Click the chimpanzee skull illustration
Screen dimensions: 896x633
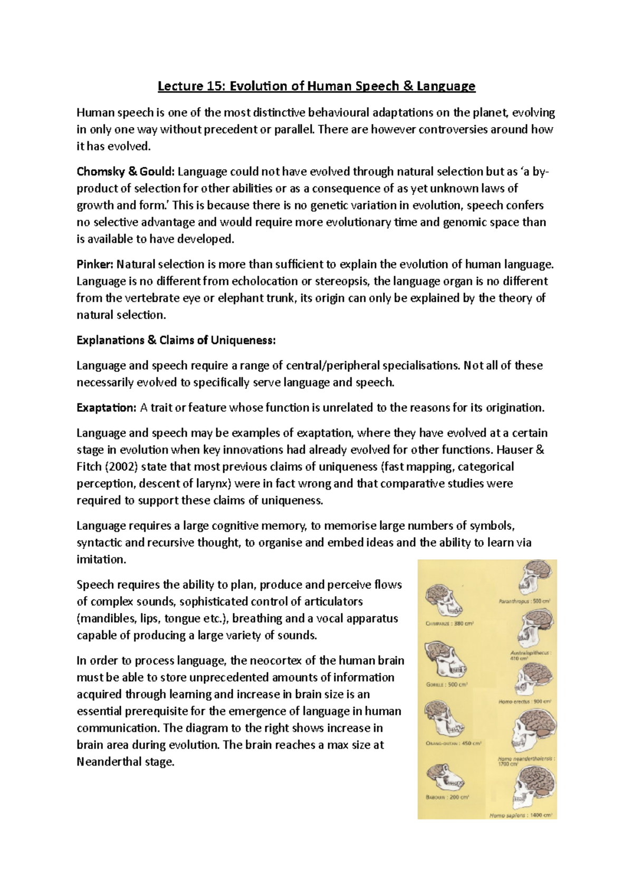[444, 601]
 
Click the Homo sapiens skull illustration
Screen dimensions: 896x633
[533, 787]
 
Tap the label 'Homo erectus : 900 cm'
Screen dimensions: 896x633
[525, 702]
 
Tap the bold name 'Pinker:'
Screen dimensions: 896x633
[95, 264]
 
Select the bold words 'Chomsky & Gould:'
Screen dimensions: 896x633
[126, 171]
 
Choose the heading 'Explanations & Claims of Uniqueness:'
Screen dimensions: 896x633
[176, 340]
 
